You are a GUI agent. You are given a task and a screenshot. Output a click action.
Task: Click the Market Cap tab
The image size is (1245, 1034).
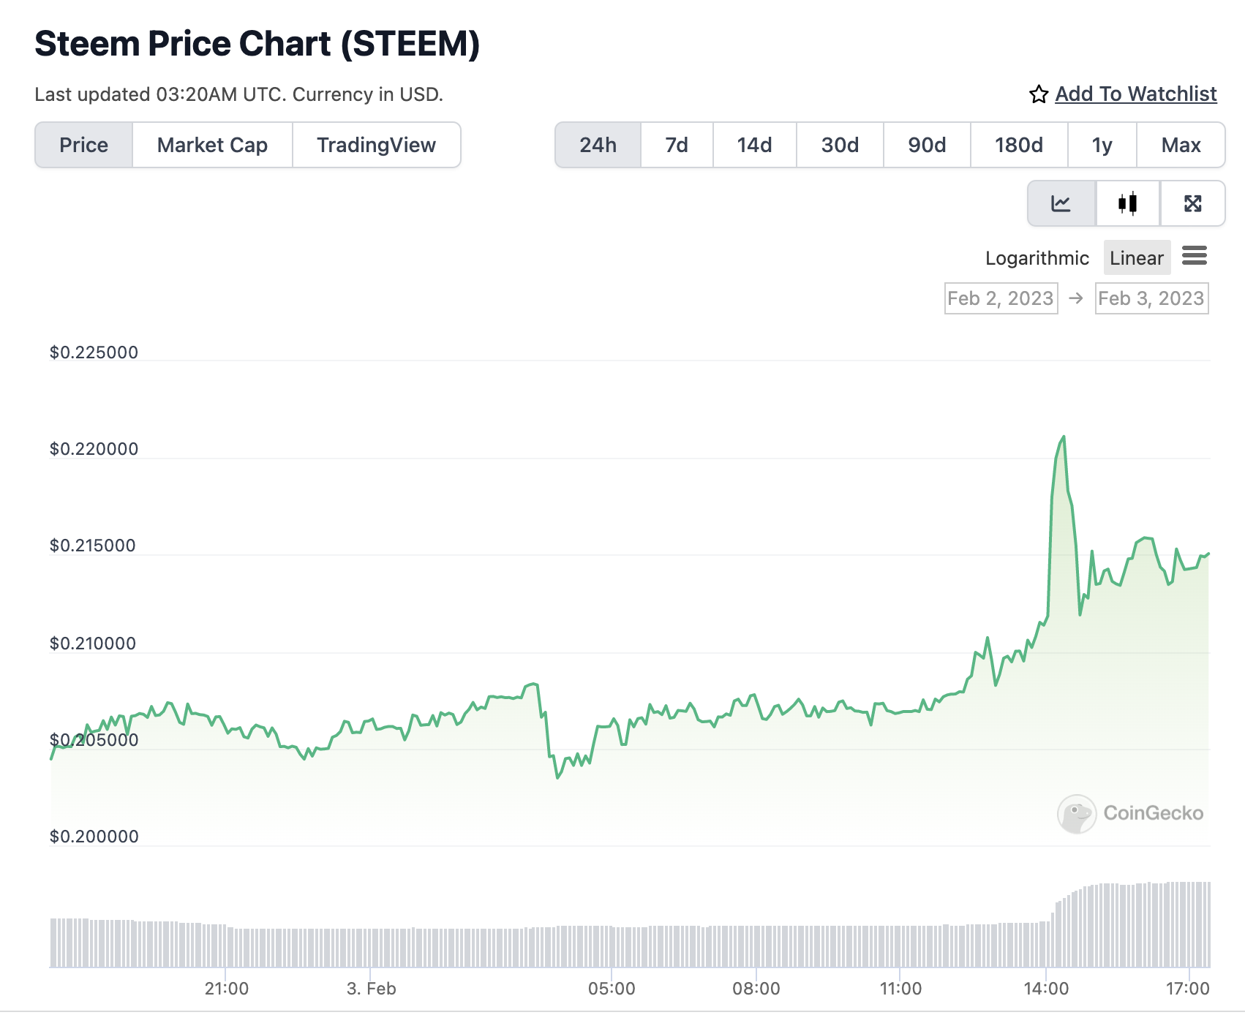(x=212, y=145)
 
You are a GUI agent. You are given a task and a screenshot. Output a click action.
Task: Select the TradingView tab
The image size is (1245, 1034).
(x=376, y=145)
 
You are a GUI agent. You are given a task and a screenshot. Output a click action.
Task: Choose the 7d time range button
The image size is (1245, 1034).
(x=677, y=145)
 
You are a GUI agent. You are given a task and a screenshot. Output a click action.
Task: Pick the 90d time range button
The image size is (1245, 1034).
(x=927, y=145)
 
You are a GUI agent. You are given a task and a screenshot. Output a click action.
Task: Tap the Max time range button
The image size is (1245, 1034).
(x=1181, y=145)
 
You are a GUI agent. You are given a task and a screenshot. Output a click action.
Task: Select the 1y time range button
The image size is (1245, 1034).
(x=1102, y=145)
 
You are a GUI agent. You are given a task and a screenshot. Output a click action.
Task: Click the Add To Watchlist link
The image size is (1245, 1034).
(x=1135, y=94)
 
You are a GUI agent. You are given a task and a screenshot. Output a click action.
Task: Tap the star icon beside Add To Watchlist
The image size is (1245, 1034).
(x=1039, y=94)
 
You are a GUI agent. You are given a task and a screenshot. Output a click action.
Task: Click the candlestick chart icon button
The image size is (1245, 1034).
(x=1127, y=203)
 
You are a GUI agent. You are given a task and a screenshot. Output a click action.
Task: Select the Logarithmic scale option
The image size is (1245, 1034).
(x=1037, y=258)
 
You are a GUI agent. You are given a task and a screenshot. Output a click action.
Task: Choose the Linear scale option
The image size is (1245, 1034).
(x=1136, y=258)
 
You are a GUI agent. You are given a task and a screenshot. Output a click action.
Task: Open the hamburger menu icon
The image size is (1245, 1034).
(x=1195, y=256)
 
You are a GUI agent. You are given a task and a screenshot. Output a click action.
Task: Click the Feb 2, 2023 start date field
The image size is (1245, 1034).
(x=1001, y=298)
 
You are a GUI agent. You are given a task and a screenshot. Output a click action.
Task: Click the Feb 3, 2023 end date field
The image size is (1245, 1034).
(x=1151, y=298)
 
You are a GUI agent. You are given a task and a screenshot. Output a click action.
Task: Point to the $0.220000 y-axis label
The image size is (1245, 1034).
(x=94, y=449)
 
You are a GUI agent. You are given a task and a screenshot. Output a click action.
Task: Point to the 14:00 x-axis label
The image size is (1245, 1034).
(x=1046, y=989)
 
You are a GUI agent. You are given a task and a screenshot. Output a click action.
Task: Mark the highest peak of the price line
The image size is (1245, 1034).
(x=1064, y=437)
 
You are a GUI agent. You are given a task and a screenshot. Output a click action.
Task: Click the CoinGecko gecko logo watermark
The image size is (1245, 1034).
(x=1077, y=813)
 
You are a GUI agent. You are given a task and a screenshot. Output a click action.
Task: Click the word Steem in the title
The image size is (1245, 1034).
(x=87, y=44)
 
